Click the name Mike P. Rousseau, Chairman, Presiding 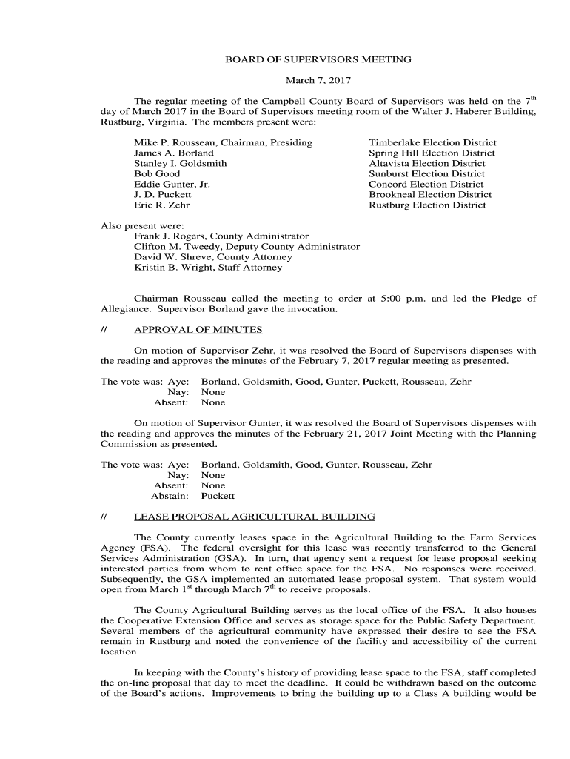point(223,142)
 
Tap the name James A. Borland point(173,153)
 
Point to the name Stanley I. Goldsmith point(180,163)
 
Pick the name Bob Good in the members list point(156,173)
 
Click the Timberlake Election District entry point(432,142)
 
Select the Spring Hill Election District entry point(432,153)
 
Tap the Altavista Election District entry point(427,163)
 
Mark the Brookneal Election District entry point(430,194)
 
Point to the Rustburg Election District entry point(427,205)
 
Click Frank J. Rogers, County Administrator point(221,236)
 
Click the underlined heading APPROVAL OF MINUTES point(198,330)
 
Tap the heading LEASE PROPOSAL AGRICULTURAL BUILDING point(254,516)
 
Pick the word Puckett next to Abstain point(218,496)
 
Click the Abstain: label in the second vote point(170,496)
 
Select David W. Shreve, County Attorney point(212,256)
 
